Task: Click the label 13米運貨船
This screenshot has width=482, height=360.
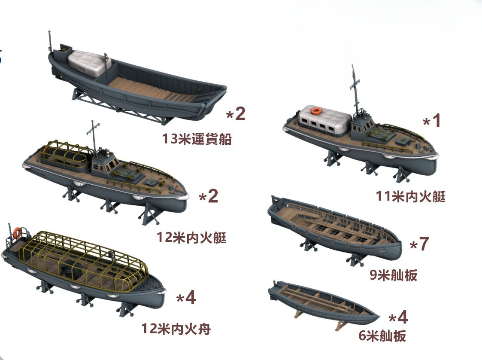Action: pos(197,139)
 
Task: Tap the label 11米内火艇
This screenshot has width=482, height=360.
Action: pos(411,196)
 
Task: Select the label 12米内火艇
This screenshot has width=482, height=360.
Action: pos(191,237)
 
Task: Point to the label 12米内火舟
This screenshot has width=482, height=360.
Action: pos(176,329)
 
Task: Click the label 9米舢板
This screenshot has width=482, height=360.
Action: pos(394,275)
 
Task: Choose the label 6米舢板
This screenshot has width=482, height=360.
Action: pos(382,336)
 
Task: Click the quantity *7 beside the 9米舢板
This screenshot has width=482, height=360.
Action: pos(419,244)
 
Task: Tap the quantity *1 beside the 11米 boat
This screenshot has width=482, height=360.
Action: pos(432,121)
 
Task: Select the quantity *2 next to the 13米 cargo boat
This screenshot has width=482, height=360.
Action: pos(236,113)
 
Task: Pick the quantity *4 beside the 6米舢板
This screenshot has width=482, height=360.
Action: pos(398,317)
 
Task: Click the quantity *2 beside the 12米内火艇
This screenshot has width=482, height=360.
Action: pos(209,196)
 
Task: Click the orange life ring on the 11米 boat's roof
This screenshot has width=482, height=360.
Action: pos(316,110)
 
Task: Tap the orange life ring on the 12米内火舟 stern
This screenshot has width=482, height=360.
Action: pos(17,232)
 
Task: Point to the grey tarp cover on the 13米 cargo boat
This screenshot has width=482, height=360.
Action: pos(89,64)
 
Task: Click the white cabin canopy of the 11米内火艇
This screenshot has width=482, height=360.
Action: pos(325,121)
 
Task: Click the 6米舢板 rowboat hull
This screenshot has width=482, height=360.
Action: pos(323,303)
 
